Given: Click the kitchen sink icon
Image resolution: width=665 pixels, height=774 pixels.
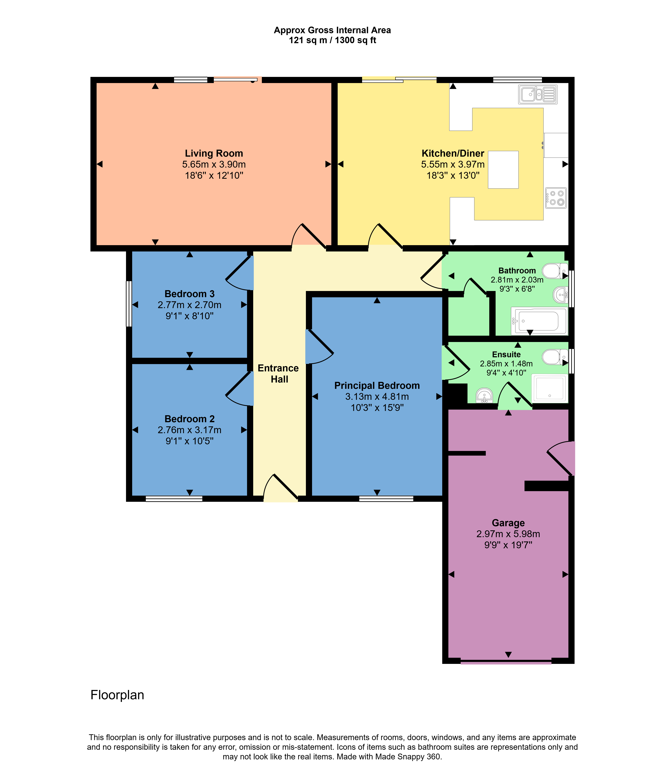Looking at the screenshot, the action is click(x=537, y=94).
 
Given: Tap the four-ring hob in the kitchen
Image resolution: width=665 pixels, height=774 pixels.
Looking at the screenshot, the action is click(x=556, y=198).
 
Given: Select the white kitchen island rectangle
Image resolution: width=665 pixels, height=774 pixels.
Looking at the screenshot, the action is click(x=503, y=170).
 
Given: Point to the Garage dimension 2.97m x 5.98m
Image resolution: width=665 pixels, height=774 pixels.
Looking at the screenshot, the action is click(x=508, y=534).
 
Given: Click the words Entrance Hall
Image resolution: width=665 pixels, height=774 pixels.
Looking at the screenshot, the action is click(x=278, y=374).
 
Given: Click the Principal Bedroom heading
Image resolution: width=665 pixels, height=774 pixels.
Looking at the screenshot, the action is click(x=377, y=386).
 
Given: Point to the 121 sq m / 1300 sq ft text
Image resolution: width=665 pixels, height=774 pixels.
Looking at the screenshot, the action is click(x=332, y=40).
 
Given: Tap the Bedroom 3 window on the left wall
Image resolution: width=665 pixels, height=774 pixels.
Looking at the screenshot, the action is click(x=129, y=304).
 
